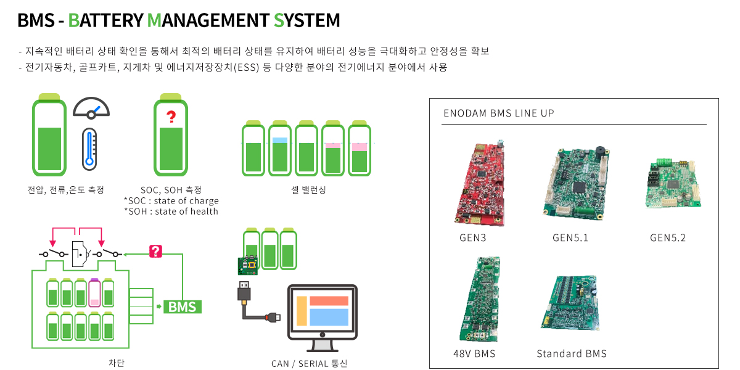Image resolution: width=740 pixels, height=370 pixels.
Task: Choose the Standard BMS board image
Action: (x=570, y=303)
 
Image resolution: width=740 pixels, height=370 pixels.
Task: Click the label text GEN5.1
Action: (x=570, y=237)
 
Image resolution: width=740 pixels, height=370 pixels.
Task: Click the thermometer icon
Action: (x=89, y=149)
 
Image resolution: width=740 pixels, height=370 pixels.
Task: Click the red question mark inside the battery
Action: (x=171, y=117)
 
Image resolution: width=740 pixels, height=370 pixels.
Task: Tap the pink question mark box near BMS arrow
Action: (x=155, y=251)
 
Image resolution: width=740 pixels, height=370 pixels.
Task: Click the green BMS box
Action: (x=183, y=306)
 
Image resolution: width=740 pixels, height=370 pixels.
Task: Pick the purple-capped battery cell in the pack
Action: (x=94, y=293)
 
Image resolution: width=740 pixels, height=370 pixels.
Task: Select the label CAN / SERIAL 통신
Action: (x=309, y=363)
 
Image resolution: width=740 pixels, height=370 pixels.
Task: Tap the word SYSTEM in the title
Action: (x=306, y=20)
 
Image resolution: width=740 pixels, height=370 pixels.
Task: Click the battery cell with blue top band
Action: (x=280, y=148)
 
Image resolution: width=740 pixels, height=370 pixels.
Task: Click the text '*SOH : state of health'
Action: (x=171, y=211)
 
